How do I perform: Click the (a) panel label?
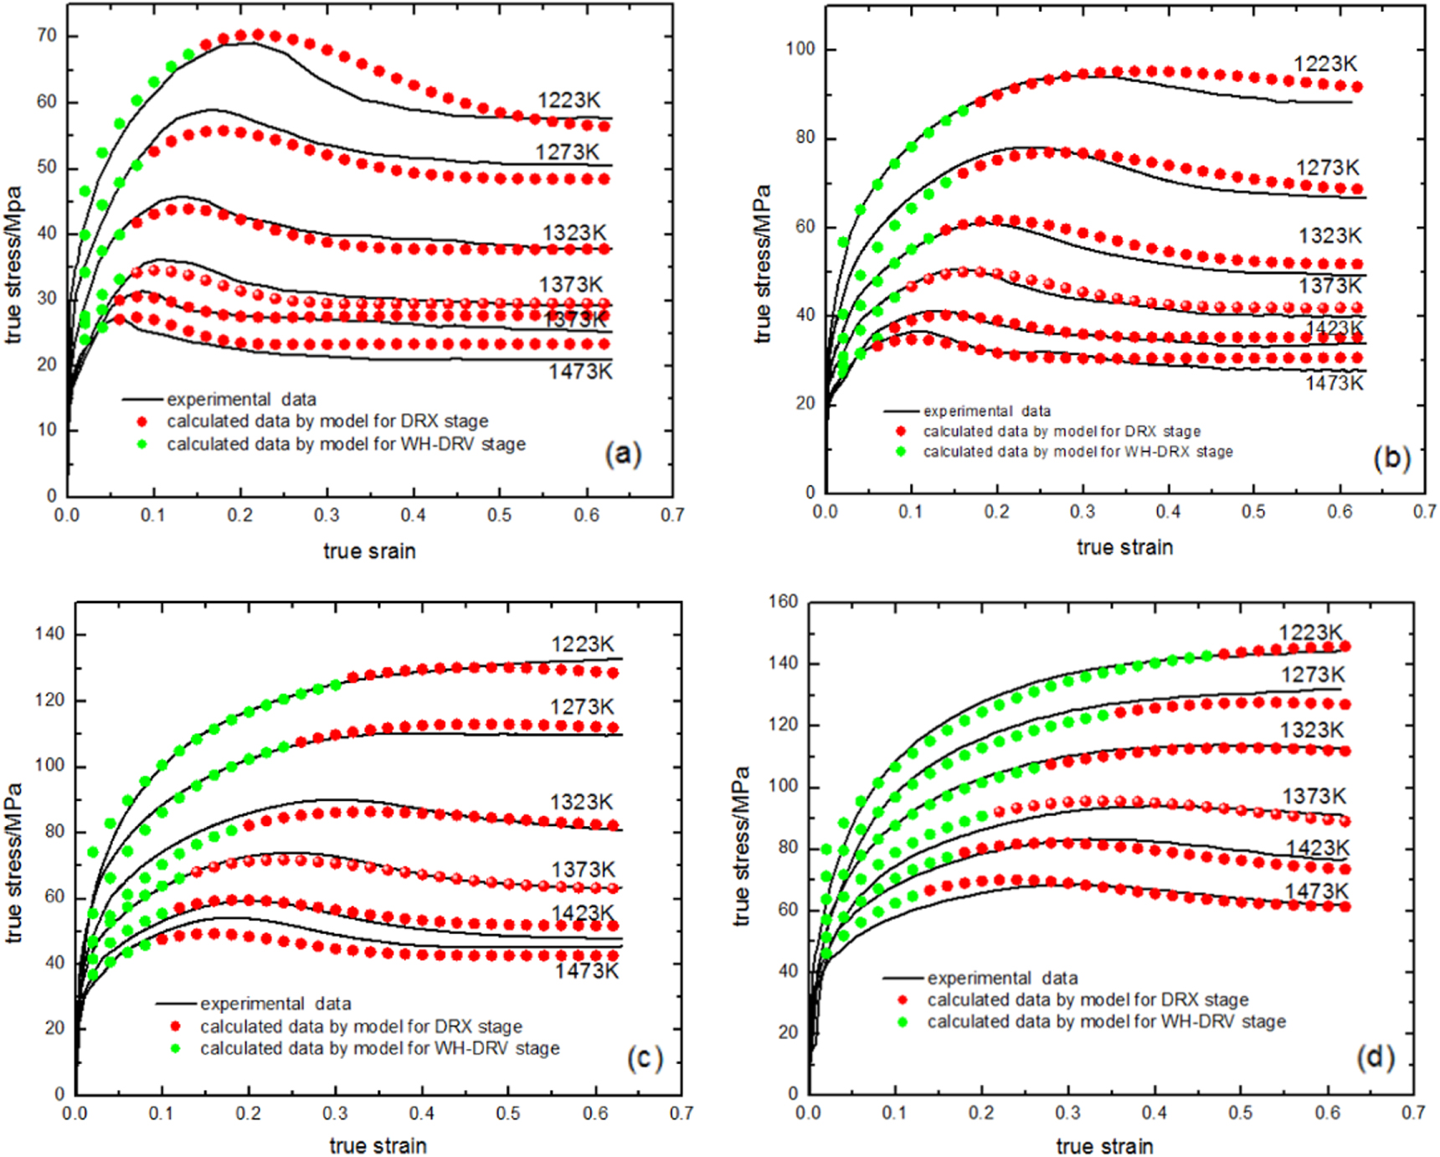click(623, 453)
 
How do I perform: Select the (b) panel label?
click(1392, 457)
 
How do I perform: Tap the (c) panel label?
click(645, 1059)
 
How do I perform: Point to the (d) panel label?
click(1376, 1058)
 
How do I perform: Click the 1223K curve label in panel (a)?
click(568, 101)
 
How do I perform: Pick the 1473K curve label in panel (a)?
click(580, 372)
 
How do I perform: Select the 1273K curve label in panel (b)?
click(1328, 168)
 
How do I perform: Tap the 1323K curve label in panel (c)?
click(581, 802)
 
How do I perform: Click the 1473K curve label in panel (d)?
click(1317, 891)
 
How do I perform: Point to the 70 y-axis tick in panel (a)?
click(47, 35)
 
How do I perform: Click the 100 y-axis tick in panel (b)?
click(800, 49)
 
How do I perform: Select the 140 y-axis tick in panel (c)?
click(49, 634)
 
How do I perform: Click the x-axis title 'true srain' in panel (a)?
click(369, 551)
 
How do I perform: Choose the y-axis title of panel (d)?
click(741, 846)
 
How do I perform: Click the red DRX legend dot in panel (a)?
click(142, 421)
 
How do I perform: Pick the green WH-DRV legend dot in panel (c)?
click(176, 1048)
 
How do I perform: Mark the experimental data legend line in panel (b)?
click(902, 411)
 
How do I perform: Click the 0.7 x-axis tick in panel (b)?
click(1425, 512)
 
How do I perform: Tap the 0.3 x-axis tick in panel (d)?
click(1067, 1113)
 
